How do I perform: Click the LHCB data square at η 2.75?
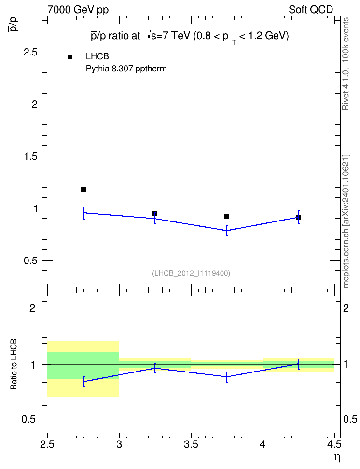pos(83,189)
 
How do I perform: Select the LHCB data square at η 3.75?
pos(227,217)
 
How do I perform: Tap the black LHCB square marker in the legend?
pos(70,57)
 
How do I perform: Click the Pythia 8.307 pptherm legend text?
pos(126,69)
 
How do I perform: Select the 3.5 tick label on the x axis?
pos(191,444)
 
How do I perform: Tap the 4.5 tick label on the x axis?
pos(334,444)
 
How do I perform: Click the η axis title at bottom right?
pos(337,457)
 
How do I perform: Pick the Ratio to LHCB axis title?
pos(14,364)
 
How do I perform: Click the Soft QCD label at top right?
pos(311,10)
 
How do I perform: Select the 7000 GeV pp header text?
pos(78,10)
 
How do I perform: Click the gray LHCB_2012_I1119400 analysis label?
pos(191,273)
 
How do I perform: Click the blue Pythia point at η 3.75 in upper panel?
pos(227,230)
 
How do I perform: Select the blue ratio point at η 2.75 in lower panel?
pos(83,382)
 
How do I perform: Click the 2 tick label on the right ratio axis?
pos(346,308)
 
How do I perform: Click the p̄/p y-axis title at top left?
pos(14,24)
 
